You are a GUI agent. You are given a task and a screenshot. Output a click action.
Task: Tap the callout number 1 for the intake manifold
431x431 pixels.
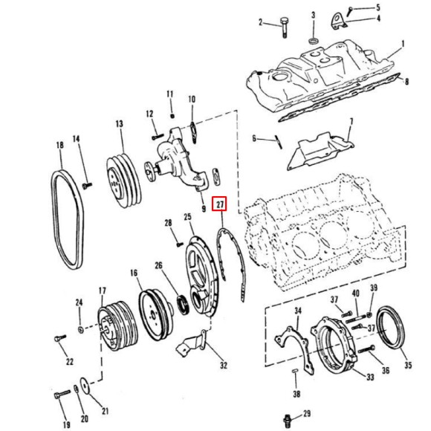coord(403,44)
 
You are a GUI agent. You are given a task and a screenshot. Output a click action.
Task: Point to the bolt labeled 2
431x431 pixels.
coord(285,27)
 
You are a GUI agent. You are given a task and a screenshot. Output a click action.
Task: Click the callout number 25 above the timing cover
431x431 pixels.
coord(188,217)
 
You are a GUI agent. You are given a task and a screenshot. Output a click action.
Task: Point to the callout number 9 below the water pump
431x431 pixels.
coord(203,199)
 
